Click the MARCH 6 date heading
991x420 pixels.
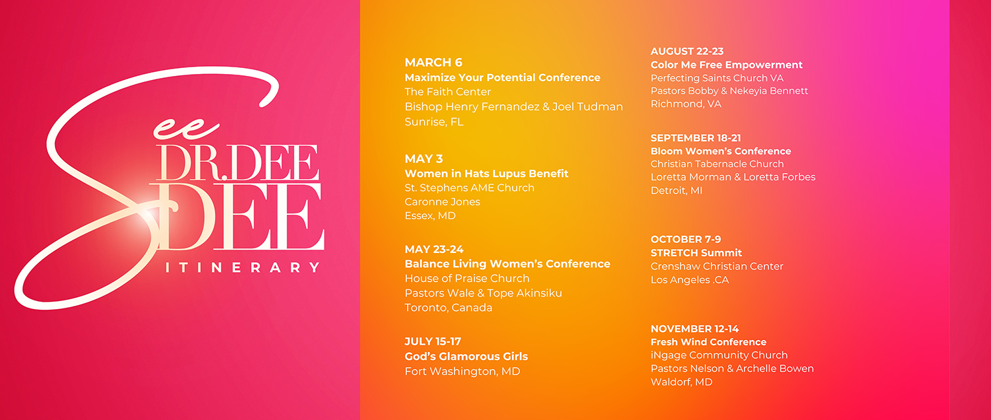433,62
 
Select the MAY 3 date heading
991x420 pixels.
423,158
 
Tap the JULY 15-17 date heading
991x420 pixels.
433,341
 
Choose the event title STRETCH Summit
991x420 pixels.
696,253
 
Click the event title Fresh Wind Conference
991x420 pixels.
708,342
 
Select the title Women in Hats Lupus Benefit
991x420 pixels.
486,173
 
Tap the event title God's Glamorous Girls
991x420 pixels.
466,357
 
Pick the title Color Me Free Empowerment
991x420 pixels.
727,65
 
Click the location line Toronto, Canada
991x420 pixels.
448,308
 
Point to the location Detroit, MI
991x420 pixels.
677,191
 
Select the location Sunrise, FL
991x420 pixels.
434,122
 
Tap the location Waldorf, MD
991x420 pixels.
681,382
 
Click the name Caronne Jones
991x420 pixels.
443,201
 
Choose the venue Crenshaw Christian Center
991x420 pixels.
717,266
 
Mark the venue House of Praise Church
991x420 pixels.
466,279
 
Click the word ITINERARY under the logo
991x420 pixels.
242,267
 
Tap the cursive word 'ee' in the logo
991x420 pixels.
186,129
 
